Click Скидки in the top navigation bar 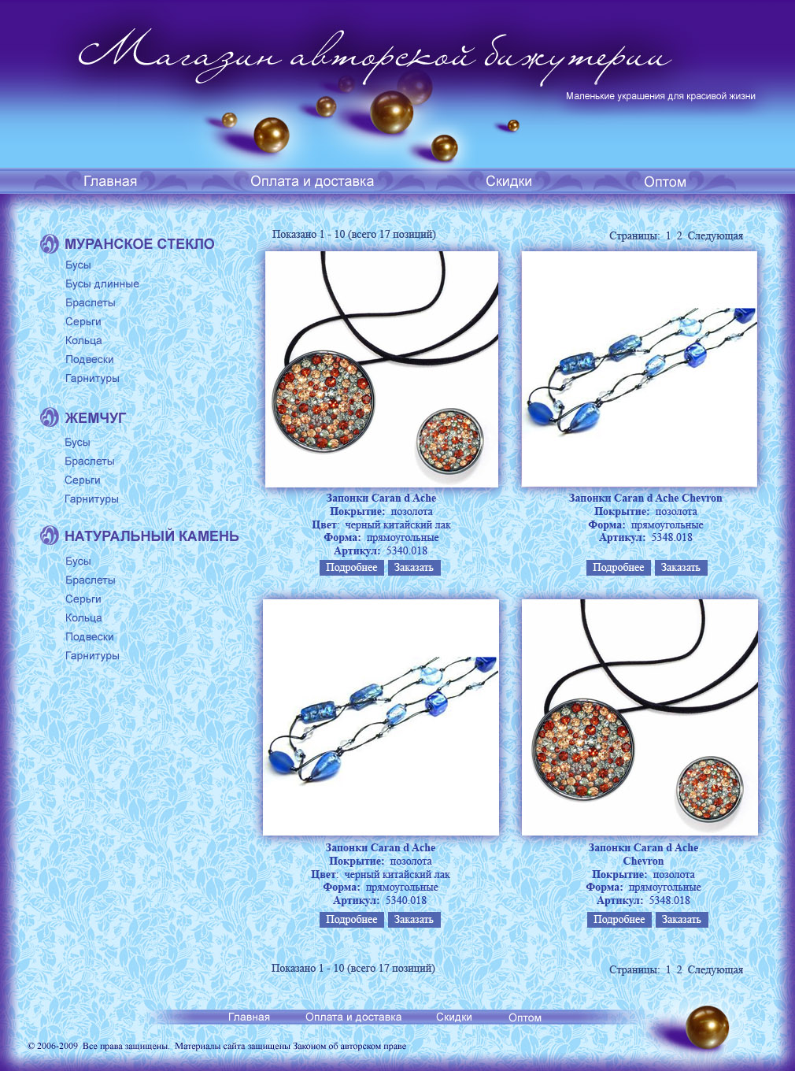tap(508, 181)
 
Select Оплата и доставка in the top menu tap(312, 181)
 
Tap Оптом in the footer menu tap(525, 1017)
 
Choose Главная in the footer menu tap(249, 1017)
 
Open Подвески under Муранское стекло tap(89, 359)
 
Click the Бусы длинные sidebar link tap(102, 284)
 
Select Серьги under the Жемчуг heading tap(83, 480)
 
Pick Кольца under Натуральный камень tap(83, 618)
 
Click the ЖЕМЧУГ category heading tap(95, 418)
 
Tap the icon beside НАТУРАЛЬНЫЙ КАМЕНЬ tap(49, 535)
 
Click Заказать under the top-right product tap(681, 567)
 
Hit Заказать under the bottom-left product tap(414, 919)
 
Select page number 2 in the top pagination tap(679, 236)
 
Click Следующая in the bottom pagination tap(715, 969)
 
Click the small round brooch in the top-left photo tap(450, 442)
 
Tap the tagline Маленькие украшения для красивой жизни tap(660, 96)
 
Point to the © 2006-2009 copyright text tap(53, 1046)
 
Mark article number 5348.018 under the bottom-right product tap(669, 901)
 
